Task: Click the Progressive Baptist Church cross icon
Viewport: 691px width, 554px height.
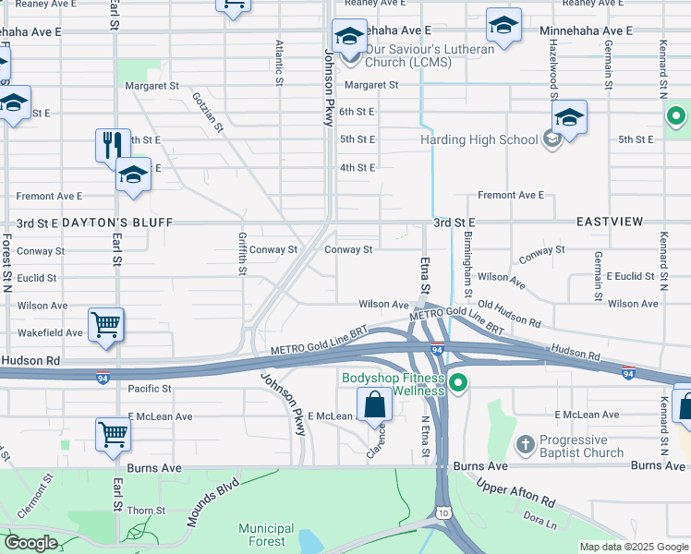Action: pos(525,443)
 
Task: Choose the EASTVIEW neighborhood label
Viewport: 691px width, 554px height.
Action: pos(609,223)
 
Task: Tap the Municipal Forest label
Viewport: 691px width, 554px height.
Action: pos(266,535)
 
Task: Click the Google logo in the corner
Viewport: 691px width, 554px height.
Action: pos(31,543)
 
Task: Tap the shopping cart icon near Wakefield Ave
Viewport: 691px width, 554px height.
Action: pos(107,325)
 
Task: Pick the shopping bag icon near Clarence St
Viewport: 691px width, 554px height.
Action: pos(374,405)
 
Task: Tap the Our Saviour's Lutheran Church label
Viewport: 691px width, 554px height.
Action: pos(430,55)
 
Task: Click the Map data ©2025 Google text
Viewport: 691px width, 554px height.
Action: pos(633,547)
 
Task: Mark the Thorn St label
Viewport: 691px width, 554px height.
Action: pos(147,510)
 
